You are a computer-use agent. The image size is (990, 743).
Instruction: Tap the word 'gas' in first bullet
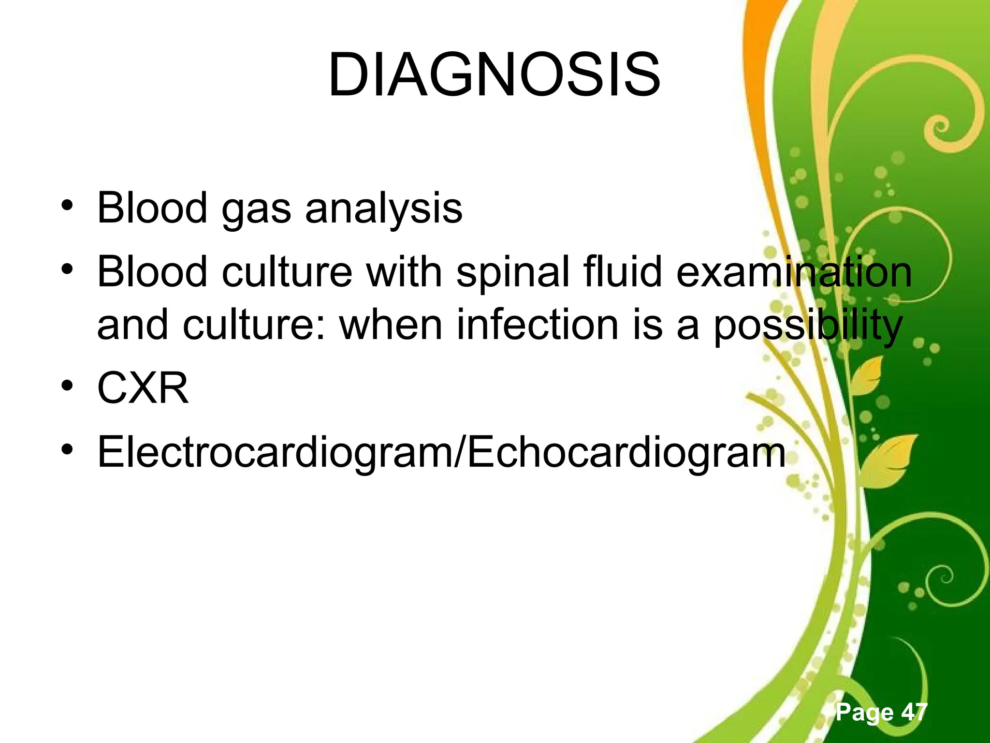pos(256,209)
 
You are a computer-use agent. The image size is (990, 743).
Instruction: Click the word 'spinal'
pos(512,272)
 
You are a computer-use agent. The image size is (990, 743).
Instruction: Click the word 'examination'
pos(793,272)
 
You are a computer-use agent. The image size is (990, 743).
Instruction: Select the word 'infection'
pos(537,325)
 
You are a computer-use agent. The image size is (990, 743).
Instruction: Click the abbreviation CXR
pos(143,388)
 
